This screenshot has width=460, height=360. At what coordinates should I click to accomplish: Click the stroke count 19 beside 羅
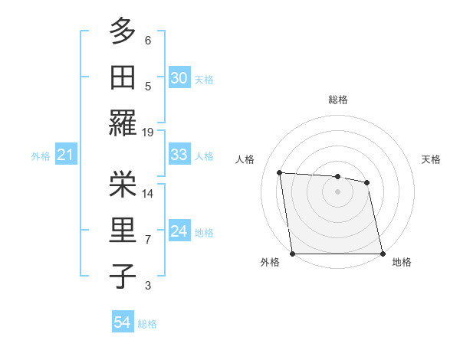148,132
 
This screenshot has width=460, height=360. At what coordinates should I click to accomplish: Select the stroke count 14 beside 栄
148,193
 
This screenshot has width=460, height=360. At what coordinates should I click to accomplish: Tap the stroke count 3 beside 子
148,286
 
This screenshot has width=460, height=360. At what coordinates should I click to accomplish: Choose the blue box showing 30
179,77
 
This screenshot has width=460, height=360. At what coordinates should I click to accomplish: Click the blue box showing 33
179,155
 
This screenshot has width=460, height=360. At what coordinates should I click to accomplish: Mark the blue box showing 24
179,231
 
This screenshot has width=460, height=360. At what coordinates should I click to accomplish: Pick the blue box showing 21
65,155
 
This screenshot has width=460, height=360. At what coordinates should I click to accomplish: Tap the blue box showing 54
122,322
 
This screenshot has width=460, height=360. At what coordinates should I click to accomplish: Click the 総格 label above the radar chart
337,100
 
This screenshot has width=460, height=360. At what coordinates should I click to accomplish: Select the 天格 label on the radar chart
432,159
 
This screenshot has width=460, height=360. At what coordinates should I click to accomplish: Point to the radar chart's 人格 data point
280,172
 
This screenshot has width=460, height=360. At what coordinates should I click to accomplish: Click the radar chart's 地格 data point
383,254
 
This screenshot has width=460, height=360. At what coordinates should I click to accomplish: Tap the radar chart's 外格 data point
292,254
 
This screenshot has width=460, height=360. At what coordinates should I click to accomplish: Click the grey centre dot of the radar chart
337,191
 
